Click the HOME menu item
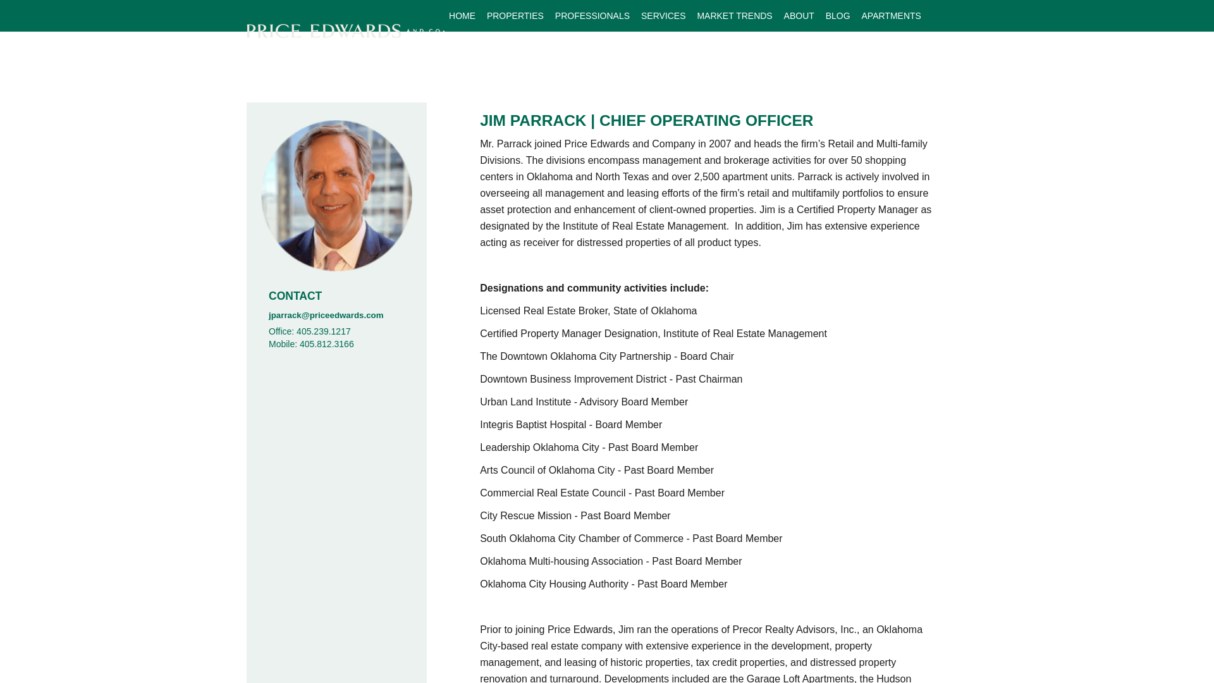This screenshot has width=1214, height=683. pyautogui.click(x=462, y=16)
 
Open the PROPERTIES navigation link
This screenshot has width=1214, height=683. pyautogui.click(x=515, y=16)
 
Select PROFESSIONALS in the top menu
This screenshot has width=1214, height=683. pyautogui.click(x=592, y=16)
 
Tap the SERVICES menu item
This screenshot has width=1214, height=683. pyautogui.click(x=663, y=16)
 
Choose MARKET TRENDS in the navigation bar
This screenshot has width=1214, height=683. pyautogui.click(x=734, y=16)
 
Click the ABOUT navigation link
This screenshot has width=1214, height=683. pyautogui.click(x=799, y=16)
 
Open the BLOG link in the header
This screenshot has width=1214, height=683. pyautogui.click(x=837, y=16)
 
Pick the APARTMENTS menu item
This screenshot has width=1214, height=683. pyautogui.click(x=890, y=16)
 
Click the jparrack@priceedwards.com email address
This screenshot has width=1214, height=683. pyautogui.click(x=326, y=315)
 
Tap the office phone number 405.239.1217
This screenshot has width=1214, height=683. pyautogui.click(x=323, y=331)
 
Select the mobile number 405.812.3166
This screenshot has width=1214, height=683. pyautogui.click(x=326, y=344)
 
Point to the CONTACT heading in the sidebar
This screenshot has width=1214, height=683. pyautogui.click(x=295, y=296)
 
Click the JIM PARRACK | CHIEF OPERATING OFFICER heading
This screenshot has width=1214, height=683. pyautogui.click(x=646, y=120)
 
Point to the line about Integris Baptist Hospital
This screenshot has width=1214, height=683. pyautogui.click(x=570, y=425)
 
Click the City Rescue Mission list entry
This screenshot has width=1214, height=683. pyautogui.click(x=575, y=516)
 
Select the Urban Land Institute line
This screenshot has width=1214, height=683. pyautogui.click(x=584, y=402)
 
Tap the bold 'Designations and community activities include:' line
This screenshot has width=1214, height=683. pyautogui.click(x=594, y=288)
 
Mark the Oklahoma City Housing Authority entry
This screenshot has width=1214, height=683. pyautogui.click(x=603, y=584)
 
